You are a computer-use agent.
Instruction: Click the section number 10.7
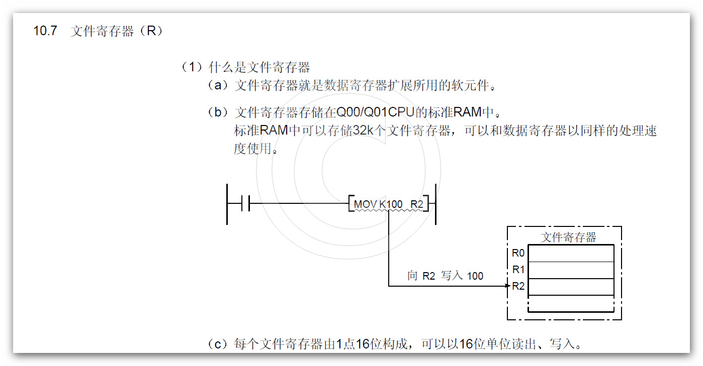[x=46, y=31]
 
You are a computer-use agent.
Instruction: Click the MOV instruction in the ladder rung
[x=366, y=204]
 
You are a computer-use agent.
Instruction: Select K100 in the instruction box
[x=391, y=204]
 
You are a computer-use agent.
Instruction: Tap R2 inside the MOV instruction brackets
[x=417, y=204]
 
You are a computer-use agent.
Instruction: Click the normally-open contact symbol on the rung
[x=246, y=204]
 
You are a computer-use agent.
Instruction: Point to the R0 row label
[x=518, y=253]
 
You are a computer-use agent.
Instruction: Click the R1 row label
[x=518, y=270]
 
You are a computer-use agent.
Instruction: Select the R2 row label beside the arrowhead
[x=518, y=287]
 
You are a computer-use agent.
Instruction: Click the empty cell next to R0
[x=571, y=253]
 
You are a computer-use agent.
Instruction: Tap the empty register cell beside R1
[x=571, y=270]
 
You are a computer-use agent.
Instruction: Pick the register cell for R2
[x=571, y=287]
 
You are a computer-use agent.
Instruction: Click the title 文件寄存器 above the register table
[x=568, y=237]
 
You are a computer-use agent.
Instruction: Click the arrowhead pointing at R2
[x=507, y=287]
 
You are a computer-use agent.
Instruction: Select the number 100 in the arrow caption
[x=475, y=276]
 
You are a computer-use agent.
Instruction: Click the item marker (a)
[x=218, y=85]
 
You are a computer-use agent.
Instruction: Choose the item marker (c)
[x=218, y=344]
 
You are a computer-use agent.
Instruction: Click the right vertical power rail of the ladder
[x=435, y=204]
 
